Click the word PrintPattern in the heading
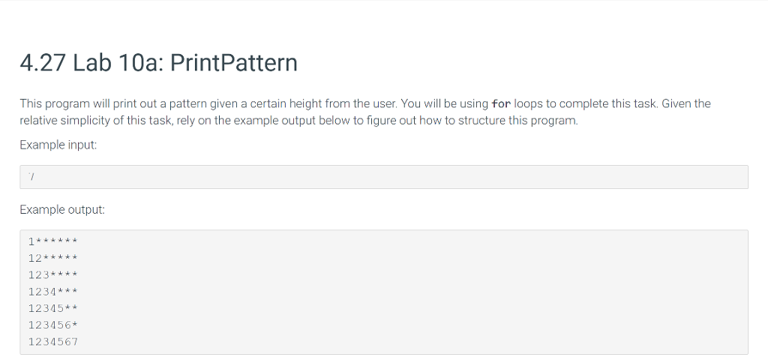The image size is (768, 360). point(234,63)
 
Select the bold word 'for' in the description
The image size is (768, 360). point(501,104)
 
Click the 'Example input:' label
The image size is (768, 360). point(58,145)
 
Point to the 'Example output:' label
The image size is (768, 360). point(62,210)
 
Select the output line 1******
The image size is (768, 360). point(53,241)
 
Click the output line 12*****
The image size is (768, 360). point(53,259)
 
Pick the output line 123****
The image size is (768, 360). point(53,275)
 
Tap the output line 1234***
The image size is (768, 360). point(53,292)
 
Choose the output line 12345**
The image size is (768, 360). point(53,308)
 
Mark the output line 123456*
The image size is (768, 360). point(53,325)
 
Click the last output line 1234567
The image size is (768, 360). point(53,342)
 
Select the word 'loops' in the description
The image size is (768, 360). point(529,104)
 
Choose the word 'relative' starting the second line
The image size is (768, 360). point(37,121)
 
